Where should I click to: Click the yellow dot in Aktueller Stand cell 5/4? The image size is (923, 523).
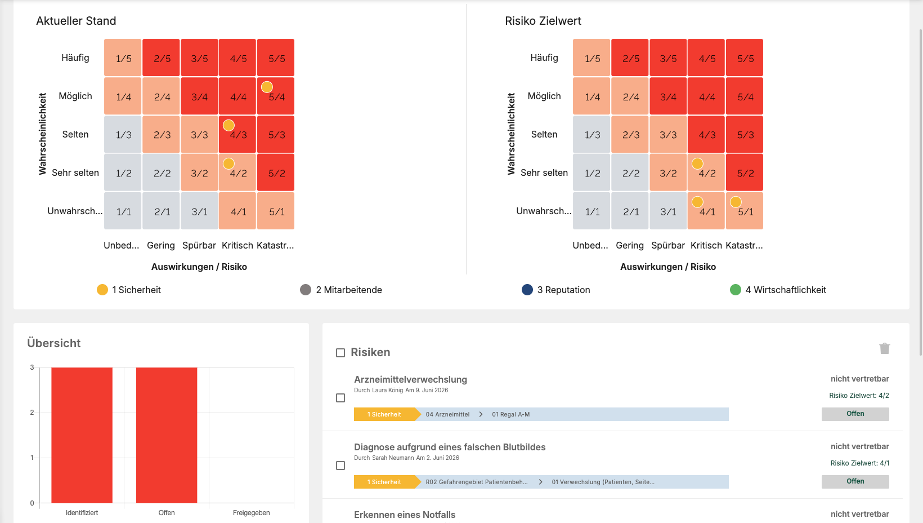pos(267,87)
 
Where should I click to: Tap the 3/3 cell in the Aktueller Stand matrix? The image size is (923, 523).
pos(199,135)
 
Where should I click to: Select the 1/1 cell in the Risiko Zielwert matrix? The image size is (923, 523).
pos(592,211)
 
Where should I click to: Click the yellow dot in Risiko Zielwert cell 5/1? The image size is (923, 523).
pos(736,202)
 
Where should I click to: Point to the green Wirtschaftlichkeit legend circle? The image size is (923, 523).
pos(736,290)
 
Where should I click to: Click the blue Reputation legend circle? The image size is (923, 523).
pos(527,290)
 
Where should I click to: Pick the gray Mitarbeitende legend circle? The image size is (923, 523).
pos(306,290)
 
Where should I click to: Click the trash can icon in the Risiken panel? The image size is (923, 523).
pos(885,348)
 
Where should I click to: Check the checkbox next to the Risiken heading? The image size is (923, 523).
pos(340,353)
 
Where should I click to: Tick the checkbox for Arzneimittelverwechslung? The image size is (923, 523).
pos(340,398)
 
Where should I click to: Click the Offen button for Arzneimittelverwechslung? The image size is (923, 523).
pos(855,414)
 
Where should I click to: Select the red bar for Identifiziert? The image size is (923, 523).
pos(82,435)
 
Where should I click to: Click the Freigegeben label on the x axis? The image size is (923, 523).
pos(252,513)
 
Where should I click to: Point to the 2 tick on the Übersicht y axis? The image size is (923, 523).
pos(32,413)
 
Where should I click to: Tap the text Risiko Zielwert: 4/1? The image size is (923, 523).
pos(859,463)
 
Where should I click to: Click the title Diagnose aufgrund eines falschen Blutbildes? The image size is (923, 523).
pos(450,447)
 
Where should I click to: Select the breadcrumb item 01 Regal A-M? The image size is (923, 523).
pos(510,414)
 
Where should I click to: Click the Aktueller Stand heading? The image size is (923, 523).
pos(76,21)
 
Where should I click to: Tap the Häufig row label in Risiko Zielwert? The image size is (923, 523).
pos(544,57)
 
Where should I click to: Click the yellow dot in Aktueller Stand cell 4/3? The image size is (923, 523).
pos(228,125)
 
